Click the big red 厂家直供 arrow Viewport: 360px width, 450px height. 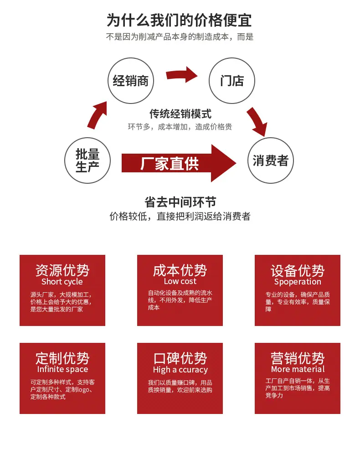[x=179, y=163]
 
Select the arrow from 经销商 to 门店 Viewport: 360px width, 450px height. [x=181, y=75]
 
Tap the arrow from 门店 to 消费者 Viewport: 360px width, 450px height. [x=257, y=122]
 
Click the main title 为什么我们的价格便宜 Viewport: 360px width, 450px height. [x=180, y=21]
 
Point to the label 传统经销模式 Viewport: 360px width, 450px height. [x=180, y=114]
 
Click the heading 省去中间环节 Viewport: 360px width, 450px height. [x=180, y=202]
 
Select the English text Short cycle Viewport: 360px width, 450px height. [x=62, y=282]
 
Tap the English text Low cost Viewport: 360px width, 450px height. [x=180, y=281]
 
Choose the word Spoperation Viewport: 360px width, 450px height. [x=298, y=282]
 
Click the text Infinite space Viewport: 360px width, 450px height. [x=62, y=369]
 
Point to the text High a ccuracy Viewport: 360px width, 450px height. [x=180, y=370]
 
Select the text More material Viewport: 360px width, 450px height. [x=298, y=369]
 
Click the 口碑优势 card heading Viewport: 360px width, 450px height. [x=180, y=358]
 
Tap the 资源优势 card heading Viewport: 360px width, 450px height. [x=62, y=270]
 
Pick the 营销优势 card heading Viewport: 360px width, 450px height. [x=298, y=358]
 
